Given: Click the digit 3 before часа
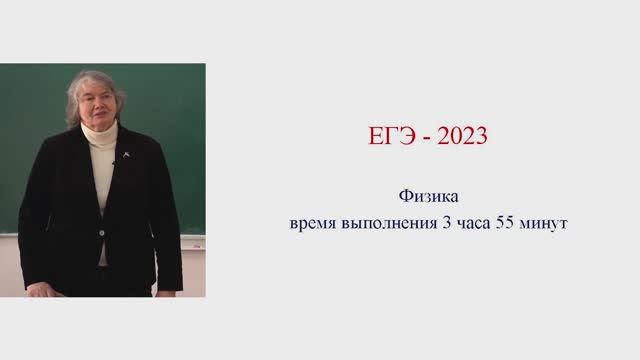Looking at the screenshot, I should click(x=446, y=223).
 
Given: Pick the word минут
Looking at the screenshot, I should click(x=544, y=224).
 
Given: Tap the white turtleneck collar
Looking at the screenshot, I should click(x=101, y=135).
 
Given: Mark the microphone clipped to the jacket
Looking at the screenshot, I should click(x=115, y=162).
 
